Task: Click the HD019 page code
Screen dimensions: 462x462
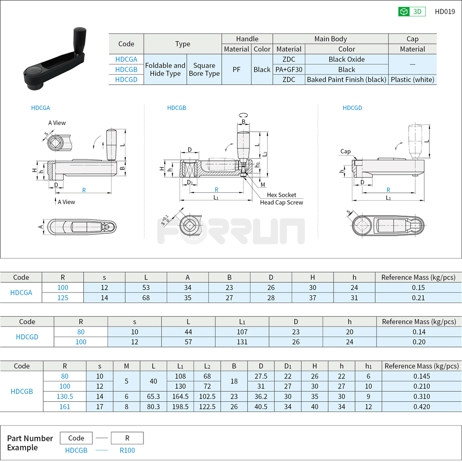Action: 444,12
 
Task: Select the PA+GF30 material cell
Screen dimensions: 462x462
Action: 289,69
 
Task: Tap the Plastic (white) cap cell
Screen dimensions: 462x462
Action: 412,80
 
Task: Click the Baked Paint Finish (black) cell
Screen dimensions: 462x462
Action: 346,80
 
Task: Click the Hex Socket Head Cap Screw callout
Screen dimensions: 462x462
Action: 281,199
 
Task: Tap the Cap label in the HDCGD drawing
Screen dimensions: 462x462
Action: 345,152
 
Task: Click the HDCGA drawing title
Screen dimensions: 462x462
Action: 40,108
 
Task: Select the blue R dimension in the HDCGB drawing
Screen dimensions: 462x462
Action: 216,189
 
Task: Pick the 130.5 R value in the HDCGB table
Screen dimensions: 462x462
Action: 65,396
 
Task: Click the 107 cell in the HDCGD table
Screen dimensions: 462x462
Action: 242,332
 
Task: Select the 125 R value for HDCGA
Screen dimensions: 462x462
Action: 63,298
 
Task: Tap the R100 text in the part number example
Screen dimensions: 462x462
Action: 127,450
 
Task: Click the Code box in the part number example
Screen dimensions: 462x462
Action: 76,438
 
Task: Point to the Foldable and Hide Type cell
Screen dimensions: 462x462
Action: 165,69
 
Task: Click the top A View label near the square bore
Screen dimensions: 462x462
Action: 57,123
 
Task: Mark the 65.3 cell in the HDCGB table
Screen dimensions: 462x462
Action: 153,396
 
